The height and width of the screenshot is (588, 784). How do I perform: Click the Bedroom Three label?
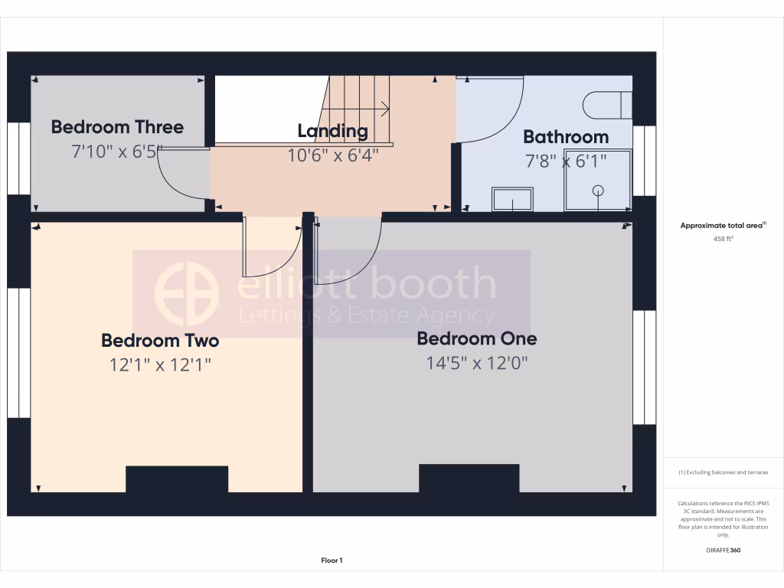(117, 127)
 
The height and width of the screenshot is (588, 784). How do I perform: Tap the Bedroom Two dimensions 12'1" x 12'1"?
(160, 365)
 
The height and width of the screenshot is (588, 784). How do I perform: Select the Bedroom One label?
(476, 338)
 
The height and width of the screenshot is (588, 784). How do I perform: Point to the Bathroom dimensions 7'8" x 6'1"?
(566, 161)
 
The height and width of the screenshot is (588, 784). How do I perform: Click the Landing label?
(332, 131)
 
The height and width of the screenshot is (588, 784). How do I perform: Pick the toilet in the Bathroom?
(607, 105)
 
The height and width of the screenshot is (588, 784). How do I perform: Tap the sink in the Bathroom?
(512, 199)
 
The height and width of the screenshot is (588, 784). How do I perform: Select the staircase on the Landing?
(360, 109)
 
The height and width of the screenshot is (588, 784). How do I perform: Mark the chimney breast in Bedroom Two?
(177, 479)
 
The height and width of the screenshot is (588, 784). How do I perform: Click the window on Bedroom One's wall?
(644, 367)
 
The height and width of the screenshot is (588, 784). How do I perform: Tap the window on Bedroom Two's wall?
(18, 353)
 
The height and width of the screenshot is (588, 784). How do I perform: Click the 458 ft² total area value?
(724, 239)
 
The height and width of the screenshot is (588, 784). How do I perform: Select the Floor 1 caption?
(332, 560)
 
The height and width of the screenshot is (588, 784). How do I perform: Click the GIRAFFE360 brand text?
(724, 550)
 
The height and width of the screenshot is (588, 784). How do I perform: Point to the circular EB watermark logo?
(186, 293)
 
